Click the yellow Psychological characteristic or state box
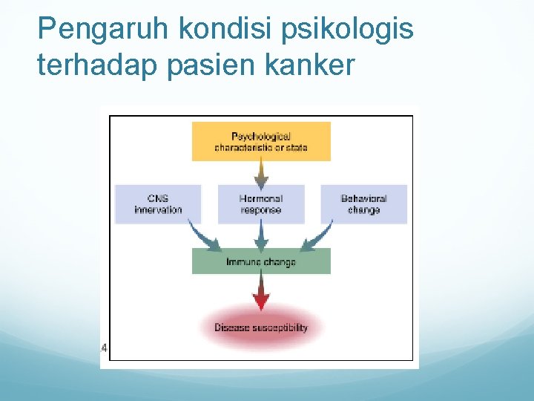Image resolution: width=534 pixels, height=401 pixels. click(x=261, y=142)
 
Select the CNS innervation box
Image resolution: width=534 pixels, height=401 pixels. click(x=158, y=204)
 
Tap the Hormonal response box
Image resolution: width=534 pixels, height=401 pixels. click(x=261, y=204)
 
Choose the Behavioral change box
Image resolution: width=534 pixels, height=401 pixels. click(x=363, y=204)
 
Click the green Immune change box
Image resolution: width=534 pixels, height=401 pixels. click(x=261, y=261)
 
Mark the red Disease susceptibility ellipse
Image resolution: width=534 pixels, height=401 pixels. click(x=261, y=327)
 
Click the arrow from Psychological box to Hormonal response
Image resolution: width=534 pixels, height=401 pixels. click(x=261, y=173)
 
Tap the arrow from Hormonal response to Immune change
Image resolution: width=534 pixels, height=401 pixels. click(x=261, y=236)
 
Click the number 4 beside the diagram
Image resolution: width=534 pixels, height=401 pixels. click(x=105, y=347)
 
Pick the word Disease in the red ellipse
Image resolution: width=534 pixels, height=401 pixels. click(x=231, y=327)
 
